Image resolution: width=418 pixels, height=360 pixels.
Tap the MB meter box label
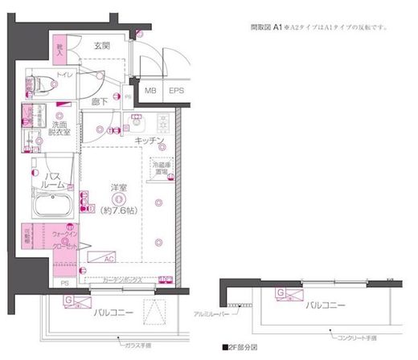tap(150, 91)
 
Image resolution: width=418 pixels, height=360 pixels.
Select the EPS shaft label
tap(175, 91)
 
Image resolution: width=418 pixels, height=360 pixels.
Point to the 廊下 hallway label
tap(99, 102)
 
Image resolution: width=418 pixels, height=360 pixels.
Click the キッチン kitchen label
tap(150, 141)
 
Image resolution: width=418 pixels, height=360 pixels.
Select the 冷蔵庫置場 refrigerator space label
tap(161, 169)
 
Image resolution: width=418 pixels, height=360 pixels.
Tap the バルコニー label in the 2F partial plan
tap(325, 305)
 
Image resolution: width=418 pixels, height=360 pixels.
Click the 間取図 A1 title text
tap(266, 27)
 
